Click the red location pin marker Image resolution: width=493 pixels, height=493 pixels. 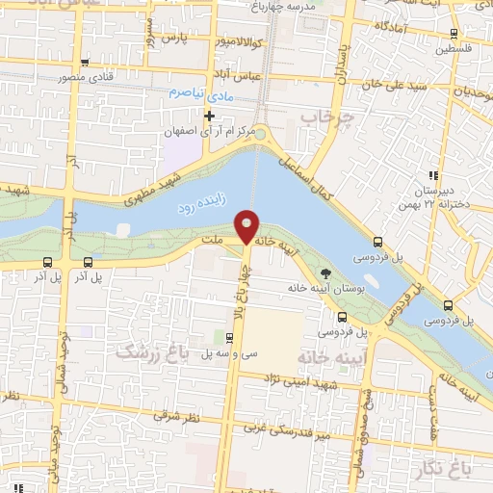(247, 226)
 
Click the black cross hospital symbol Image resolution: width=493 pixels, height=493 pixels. (209, 116)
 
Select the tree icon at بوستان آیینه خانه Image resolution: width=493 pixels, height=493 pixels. (324, 272)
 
